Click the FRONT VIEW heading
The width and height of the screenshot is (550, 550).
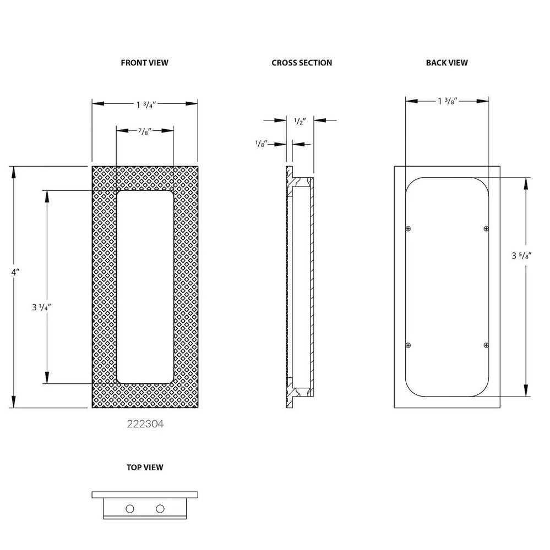tap(144, 63)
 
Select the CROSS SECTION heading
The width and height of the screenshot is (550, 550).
tap(302, 63)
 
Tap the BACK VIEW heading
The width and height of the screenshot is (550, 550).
tap(446, 63)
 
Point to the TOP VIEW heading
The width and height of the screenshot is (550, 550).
tap(145, 468)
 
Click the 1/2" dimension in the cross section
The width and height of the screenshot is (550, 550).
tap(300, 120)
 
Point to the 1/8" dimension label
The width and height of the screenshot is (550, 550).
tap(261, 144)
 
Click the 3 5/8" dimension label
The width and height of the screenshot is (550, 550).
tap(522, 256)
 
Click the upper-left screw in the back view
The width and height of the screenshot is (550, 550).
tap(408, 228)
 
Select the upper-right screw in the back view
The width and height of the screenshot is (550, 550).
tap(486, 228)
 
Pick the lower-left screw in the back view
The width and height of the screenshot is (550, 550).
tap(408, 345)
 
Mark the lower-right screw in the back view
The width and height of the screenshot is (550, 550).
tap(486, 345)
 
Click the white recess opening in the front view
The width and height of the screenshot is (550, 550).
tap(145, 286)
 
